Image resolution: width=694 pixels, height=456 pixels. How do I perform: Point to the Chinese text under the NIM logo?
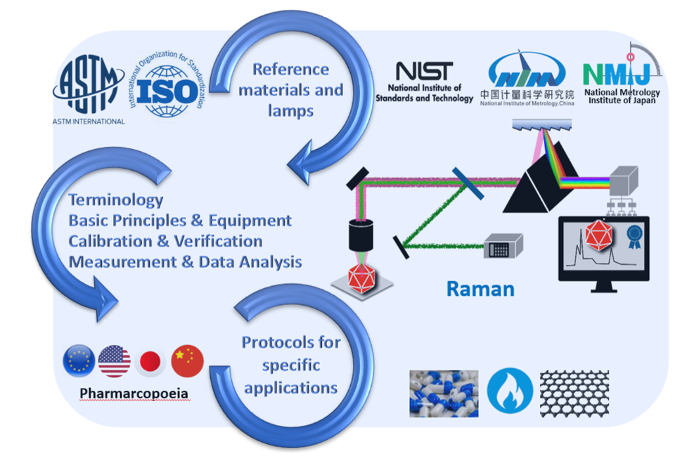(x=527, y=94)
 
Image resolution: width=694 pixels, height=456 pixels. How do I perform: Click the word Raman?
(x=480, y=288)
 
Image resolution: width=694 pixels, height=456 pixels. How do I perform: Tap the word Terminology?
(x=115, y=200)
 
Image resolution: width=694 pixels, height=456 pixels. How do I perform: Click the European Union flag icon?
(x=78, y=361)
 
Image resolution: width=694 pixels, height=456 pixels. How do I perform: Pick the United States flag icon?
(x=115, y=361)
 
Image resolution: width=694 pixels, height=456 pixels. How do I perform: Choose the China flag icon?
(x=187, y=361)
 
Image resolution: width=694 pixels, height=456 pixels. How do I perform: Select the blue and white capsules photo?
(x=443, y=393)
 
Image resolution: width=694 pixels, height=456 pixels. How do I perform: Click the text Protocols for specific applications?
(x=290, y=365)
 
